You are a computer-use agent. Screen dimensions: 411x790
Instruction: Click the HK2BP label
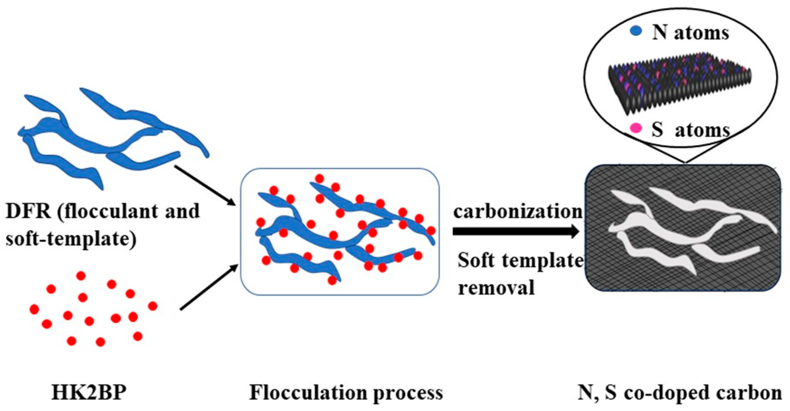tap(89, 393)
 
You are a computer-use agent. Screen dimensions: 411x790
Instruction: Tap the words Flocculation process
tap(346, 393)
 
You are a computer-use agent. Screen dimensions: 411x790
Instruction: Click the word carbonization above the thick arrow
tap(518, 212)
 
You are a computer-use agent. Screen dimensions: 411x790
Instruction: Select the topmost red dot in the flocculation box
tap(319, 178)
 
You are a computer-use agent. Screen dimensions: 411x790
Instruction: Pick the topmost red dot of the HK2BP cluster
tap(81, 276)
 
